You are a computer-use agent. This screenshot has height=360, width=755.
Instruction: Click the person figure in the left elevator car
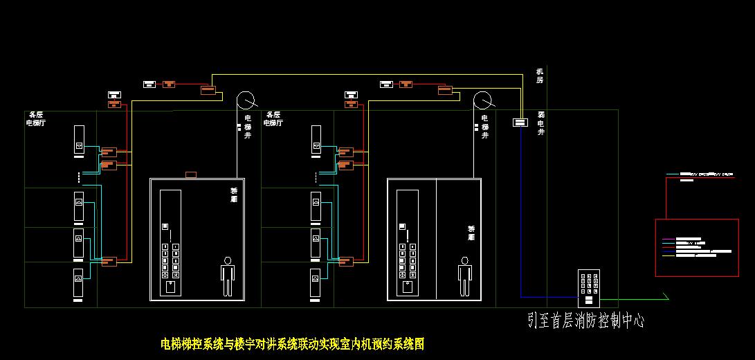227,276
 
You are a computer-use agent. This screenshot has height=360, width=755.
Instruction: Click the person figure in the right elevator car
464,276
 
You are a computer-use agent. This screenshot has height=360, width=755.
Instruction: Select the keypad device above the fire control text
589,288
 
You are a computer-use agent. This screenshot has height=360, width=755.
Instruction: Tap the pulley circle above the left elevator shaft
245,100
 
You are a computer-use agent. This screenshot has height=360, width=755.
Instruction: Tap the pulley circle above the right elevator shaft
483,100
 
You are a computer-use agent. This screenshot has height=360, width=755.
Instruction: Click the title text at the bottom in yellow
292,343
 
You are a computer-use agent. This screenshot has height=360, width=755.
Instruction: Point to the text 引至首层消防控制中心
585,321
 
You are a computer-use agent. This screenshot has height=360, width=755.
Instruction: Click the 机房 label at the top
540,75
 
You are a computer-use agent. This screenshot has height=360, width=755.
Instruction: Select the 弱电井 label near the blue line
541,123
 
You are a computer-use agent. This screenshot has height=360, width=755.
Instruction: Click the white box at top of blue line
520,123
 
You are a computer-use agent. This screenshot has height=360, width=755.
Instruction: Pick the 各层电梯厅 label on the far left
35,118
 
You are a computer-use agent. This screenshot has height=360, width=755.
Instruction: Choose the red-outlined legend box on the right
697,247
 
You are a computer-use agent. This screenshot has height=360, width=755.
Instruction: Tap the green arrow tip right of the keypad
666,298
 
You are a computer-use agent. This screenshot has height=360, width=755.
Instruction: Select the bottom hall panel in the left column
79,286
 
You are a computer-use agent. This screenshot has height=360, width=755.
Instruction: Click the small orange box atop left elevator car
192,174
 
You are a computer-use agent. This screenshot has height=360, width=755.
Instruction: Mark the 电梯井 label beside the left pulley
247,127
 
